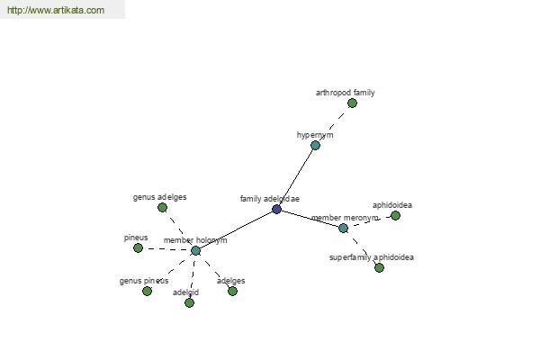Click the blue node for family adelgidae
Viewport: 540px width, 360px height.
point(276,209)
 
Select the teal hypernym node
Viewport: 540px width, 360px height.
point(315,145)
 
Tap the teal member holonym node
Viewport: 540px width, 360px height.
point(195,250)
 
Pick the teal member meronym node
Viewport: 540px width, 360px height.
point(343,228)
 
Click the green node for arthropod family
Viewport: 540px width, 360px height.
point(352,103)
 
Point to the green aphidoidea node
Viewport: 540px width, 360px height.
point(395,215)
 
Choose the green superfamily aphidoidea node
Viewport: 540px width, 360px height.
point(379,267)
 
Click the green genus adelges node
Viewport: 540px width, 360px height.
point(162,207)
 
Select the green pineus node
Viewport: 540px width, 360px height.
point(138,247)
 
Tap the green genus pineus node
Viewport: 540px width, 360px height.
point(147,291)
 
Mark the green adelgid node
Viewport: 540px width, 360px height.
point(189,302)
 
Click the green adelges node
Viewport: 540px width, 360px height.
point(232,291)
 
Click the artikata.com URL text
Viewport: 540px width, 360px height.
point(56,10)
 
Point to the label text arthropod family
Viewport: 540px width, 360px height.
point(345,93)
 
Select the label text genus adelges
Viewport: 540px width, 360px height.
point(160,197)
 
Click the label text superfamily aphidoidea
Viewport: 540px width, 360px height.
point(372,257)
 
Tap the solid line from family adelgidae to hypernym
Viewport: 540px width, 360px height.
point(296,177)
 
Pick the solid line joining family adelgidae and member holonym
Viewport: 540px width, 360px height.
point(236,229)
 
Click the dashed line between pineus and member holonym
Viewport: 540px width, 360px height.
point(166,249)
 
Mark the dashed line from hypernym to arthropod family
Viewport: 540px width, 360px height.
point(333,124)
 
